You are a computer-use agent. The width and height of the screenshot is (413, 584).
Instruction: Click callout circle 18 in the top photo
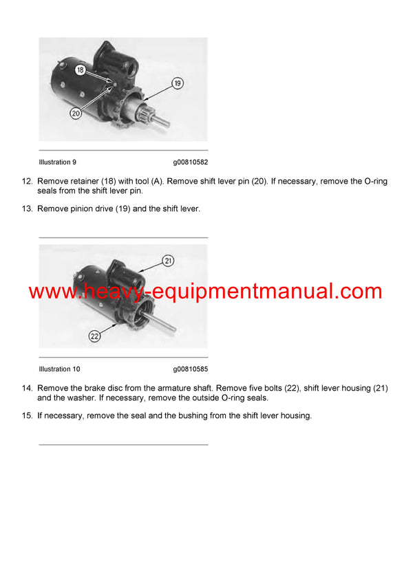point(81,71)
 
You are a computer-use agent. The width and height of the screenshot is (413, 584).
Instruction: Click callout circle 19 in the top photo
point(177,83)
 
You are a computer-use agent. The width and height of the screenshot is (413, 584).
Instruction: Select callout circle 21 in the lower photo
point(169,261)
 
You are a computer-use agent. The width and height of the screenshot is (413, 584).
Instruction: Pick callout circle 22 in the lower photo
point(94,336)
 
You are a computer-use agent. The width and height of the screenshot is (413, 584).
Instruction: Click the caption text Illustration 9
point(58,162)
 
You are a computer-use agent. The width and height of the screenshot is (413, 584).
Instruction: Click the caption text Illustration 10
point(59,369)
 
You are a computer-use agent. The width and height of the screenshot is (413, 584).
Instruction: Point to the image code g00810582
point(190,162)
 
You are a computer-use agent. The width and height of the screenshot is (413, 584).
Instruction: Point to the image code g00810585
point(190,369)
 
